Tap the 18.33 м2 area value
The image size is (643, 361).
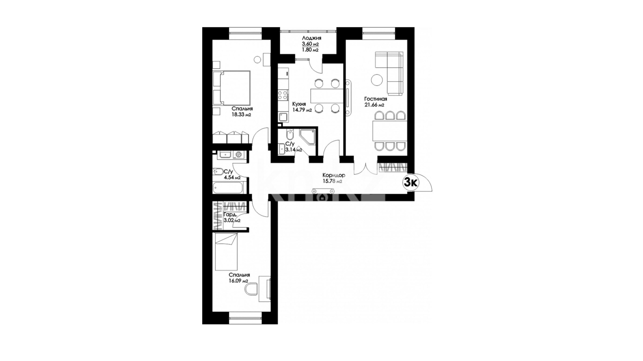tap(241, 114)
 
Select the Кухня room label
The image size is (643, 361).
tap(299, 104)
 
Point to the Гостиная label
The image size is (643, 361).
tap(375, 99)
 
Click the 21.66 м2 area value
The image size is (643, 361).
tap(374, 105)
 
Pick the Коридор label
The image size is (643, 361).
tap(334, 175)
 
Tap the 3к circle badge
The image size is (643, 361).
tap(411, 183)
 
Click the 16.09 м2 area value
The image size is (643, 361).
tap(238, 281)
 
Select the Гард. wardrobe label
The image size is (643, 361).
tap(230, 215)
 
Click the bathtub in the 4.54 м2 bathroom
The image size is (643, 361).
tap(228, 188)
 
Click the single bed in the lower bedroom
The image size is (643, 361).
tap(226, 252)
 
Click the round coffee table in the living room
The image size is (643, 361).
tap(377, 80)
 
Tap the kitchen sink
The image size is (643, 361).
tap(283, 117)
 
